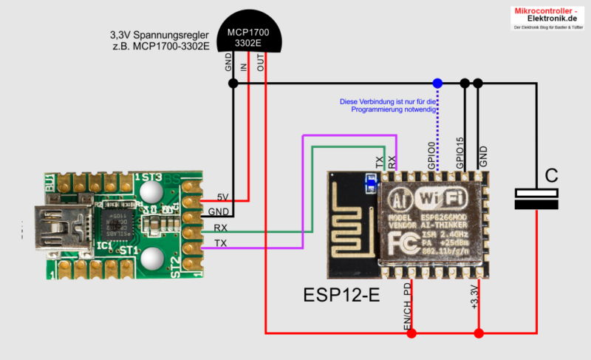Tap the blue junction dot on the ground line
(437, 83)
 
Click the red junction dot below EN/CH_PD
(411, 333)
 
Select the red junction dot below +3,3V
(479, 333)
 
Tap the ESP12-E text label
(341, 295)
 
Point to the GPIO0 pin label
(438, 155)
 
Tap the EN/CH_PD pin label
(407, 305)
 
